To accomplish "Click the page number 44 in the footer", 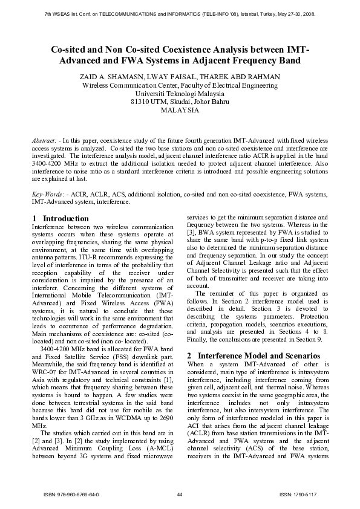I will tap(180, 494).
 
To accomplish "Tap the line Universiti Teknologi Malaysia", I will tap(180, 94).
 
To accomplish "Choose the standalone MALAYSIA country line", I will tap(180, 111).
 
